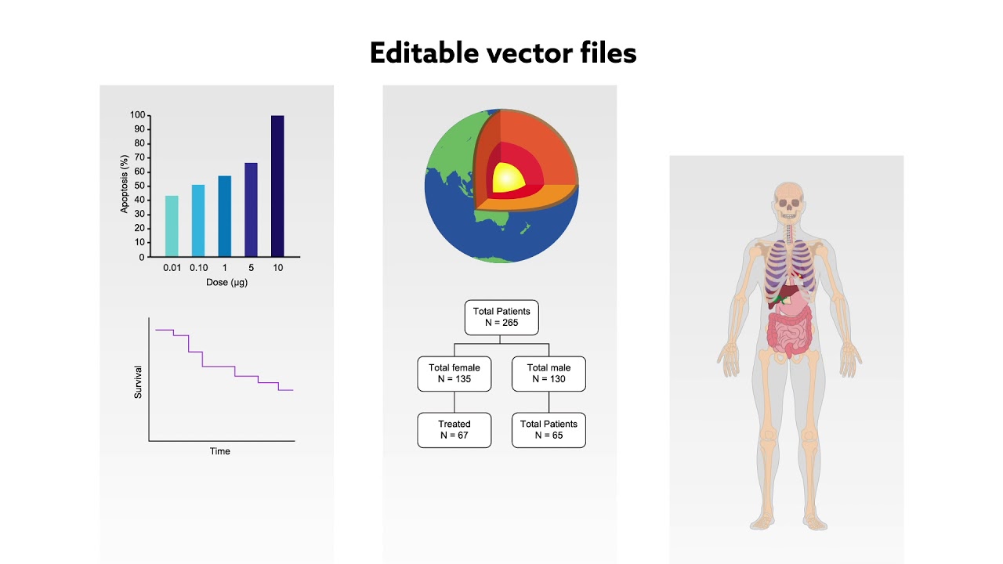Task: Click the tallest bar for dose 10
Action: [x=277, y=186]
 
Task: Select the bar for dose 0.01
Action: [x=172, y=226]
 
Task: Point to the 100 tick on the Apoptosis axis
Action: [x=137, y=115]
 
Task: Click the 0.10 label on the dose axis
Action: [x=198, y=268]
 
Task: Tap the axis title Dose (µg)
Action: [x=226, y=282]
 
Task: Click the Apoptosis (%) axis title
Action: [x=124, y=184]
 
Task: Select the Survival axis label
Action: [x=138, y=381]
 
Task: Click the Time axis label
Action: [x=220, y=451]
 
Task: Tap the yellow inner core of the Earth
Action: [x=507, y=177]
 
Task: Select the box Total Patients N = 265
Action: [x=501, y=317]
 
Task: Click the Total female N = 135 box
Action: [x=454, y=374]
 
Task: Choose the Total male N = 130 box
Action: [x=549, y=374]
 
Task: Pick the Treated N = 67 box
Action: [x=454, y=430]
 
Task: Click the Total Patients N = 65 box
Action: [x=549, y=430]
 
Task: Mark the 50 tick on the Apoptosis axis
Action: [x=137, y=186]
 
